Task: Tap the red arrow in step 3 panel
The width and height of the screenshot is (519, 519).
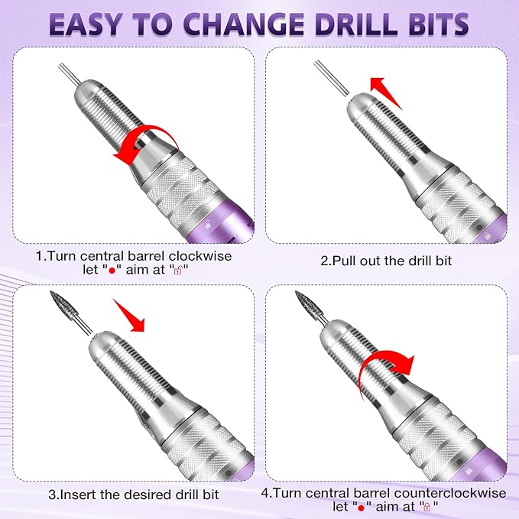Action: point(128,315)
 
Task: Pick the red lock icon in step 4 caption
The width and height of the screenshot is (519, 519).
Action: point(426,507)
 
